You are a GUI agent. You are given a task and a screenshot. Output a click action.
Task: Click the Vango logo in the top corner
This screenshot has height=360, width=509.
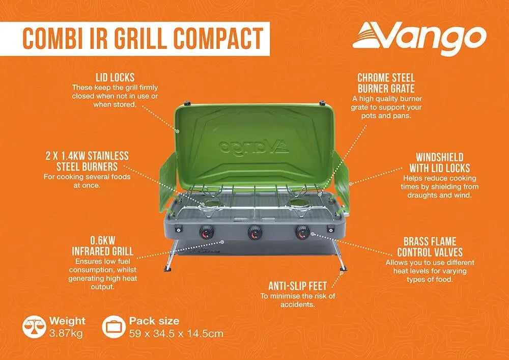(419, 39)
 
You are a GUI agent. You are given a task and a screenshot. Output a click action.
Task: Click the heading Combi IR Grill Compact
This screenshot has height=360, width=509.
(143, 39)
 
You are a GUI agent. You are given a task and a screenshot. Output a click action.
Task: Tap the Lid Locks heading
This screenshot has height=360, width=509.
(115, 77)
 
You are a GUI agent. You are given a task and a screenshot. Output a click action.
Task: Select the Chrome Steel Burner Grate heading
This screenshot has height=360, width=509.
(386, 83)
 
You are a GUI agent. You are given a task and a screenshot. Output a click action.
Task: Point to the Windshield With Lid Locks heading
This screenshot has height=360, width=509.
(440, 162)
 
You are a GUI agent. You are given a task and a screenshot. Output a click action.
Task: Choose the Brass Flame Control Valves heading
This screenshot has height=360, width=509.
(430, 247)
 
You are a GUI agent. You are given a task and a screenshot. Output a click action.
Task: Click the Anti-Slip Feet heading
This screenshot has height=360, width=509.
(297, 286)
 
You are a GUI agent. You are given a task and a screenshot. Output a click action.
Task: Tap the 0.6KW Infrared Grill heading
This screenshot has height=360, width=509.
(103, 246)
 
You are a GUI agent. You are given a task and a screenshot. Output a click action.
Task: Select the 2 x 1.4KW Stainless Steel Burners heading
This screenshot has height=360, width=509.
(87, 161)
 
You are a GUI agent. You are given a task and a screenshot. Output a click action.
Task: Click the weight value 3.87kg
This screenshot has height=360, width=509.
(66, 333)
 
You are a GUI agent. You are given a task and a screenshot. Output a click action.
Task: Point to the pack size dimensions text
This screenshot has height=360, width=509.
(176, 334)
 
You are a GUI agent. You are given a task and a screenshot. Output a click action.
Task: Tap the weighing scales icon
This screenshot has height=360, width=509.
(34, 326)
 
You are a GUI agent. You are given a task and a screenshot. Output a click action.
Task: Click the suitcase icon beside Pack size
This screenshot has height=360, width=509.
(114, 326)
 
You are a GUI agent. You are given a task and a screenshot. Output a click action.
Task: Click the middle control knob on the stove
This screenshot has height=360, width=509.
(256, 232)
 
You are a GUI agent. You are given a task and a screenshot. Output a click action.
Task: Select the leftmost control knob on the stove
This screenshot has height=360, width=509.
(207, 232)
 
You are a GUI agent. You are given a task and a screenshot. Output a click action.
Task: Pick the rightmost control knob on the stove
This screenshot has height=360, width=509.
(302, 232)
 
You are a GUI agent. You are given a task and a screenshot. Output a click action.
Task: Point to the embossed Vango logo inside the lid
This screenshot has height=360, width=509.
(253, 147)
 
